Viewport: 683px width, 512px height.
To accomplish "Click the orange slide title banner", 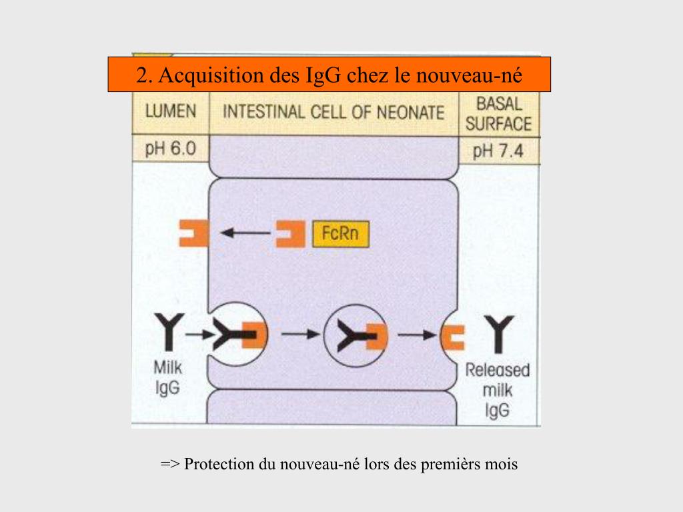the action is click(329, 74).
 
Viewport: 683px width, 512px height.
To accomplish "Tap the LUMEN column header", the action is click(171, 111).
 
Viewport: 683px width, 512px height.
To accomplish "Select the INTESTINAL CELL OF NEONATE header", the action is click(333, 112).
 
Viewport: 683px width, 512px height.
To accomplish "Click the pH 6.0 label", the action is click(170, 148).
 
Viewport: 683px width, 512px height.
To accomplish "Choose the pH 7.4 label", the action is click(498, 150).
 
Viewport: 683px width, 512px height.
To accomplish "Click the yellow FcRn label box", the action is click(340, 234).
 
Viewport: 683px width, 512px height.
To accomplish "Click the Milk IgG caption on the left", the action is click(167, 377).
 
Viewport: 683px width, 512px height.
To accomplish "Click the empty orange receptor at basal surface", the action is click(454, 337).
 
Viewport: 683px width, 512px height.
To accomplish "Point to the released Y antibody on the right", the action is click(498, 334).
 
